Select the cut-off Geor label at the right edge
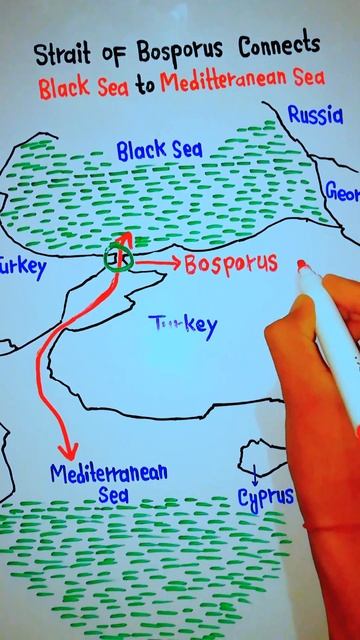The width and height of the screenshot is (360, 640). tap(342, 191)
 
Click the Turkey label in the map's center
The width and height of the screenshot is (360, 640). tap(182, 323)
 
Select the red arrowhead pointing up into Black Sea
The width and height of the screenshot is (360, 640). tap(125, 238)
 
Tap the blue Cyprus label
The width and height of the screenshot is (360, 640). tap(265, 495)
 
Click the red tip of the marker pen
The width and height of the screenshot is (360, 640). tap(302, 266)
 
